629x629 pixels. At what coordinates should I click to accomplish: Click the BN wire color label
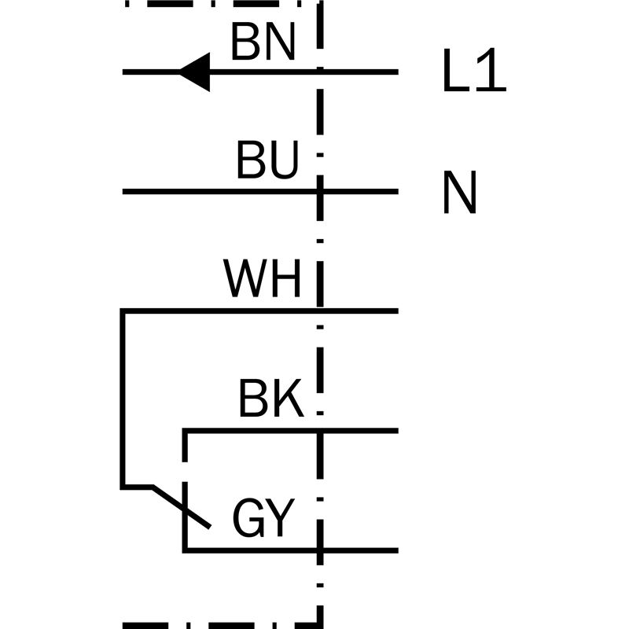(263, 42)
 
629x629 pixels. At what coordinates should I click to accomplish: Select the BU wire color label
(267, 160)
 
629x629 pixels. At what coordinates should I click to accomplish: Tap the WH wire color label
(262, 278)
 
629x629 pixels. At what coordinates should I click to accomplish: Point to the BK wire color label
(270, 399)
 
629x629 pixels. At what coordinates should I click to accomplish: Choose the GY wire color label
(263, 517)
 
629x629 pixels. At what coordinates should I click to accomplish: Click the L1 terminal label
(474, 70)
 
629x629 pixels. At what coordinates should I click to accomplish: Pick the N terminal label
(460, 192)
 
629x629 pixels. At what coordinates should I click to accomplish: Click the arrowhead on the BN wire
(194, 72)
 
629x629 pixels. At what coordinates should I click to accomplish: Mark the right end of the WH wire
(397, 311)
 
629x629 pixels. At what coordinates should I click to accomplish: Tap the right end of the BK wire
(397, 431)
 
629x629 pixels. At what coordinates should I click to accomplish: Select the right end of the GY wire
(397, 551)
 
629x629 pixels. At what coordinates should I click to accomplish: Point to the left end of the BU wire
(123, 192)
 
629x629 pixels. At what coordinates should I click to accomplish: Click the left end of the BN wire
(123, 72)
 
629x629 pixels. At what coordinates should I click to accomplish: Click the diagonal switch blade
(182, 507)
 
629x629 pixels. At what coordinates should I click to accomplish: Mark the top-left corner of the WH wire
(123, 311)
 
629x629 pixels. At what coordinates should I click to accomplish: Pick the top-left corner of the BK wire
(185, 431)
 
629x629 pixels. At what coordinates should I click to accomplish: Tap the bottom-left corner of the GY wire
(185, 551)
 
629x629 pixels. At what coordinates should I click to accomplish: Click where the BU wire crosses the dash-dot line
(320, 192)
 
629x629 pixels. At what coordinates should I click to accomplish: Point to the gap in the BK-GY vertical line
(185, 472)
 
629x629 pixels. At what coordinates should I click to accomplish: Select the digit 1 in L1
(491, 70)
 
